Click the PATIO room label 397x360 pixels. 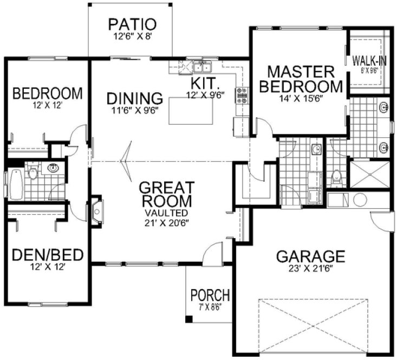tap(132, 24)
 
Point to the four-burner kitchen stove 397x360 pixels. tap(241, 95)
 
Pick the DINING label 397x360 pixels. tap(135, 99)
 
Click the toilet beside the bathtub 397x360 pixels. tap(32, 174)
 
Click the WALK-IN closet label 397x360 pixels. tap(369, 60)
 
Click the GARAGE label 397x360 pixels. tap(310, 255)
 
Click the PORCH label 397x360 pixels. tap(210, 296)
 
